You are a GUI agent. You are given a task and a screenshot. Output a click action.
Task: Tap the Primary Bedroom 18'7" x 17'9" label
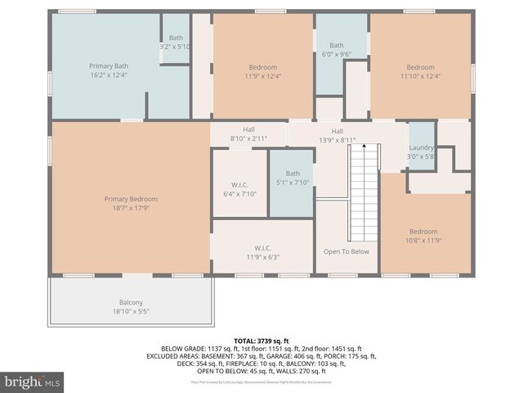pyautogui.click(x=131, y=203)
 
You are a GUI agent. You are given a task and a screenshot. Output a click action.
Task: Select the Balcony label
pyautogui.click(x=131, y=302)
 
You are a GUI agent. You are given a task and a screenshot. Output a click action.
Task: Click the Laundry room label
pyautogui.click(x=422, y=151)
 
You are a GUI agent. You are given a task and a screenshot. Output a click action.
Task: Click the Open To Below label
pyautogui.click(x=346, y=251)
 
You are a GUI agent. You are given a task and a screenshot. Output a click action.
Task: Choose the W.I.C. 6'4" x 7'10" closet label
pyautogui.click(x=239, y=189)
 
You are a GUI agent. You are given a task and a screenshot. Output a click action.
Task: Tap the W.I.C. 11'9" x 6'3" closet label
pyautogui.click(x=262, y=252)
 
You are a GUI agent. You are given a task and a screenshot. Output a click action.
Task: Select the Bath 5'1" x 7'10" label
pyautogui.click(x=293, y=178)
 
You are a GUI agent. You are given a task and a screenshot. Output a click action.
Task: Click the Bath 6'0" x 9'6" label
pyautogui.click(x=337, y=49)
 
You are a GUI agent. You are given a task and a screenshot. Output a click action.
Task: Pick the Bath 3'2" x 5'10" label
pyautogui.click(x=176, y=42)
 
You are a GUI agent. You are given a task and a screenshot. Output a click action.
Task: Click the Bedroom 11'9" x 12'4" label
pyautogui.click(x=263, y=71)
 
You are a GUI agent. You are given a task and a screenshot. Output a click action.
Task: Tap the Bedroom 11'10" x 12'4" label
pyautogui.click(x=421, y=71)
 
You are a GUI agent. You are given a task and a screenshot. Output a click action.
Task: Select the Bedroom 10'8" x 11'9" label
pyautogui.click(x=423, y=236)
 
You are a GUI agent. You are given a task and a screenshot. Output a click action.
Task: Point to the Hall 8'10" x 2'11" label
pyautogui.click(x=248, y=134)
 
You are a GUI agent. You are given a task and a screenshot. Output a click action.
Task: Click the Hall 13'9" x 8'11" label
pyautogui.click(x=337, y=135)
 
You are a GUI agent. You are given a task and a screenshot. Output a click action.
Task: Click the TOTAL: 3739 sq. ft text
pyautogui.click(x=261, y=341)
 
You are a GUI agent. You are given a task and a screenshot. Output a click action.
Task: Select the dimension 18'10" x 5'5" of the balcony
pyautogui.click(x=131, y=311)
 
